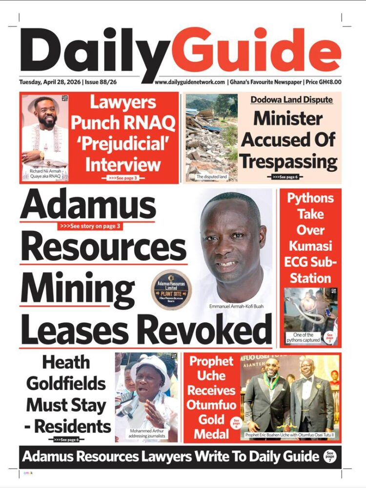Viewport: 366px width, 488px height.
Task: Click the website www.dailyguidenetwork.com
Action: coord(190,82)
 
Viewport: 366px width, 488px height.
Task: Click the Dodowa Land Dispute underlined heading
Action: coord(292,100)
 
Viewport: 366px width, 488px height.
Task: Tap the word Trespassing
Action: coord(289,161)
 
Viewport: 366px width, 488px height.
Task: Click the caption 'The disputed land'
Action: coord(211,176)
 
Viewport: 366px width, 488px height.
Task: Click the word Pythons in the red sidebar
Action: coord(310,199)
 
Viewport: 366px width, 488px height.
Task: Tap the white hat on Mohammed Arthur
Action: coord(149,365)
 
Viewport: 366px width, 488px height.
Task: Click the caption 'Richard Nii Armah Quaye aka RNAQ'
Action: coord(43,174)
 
